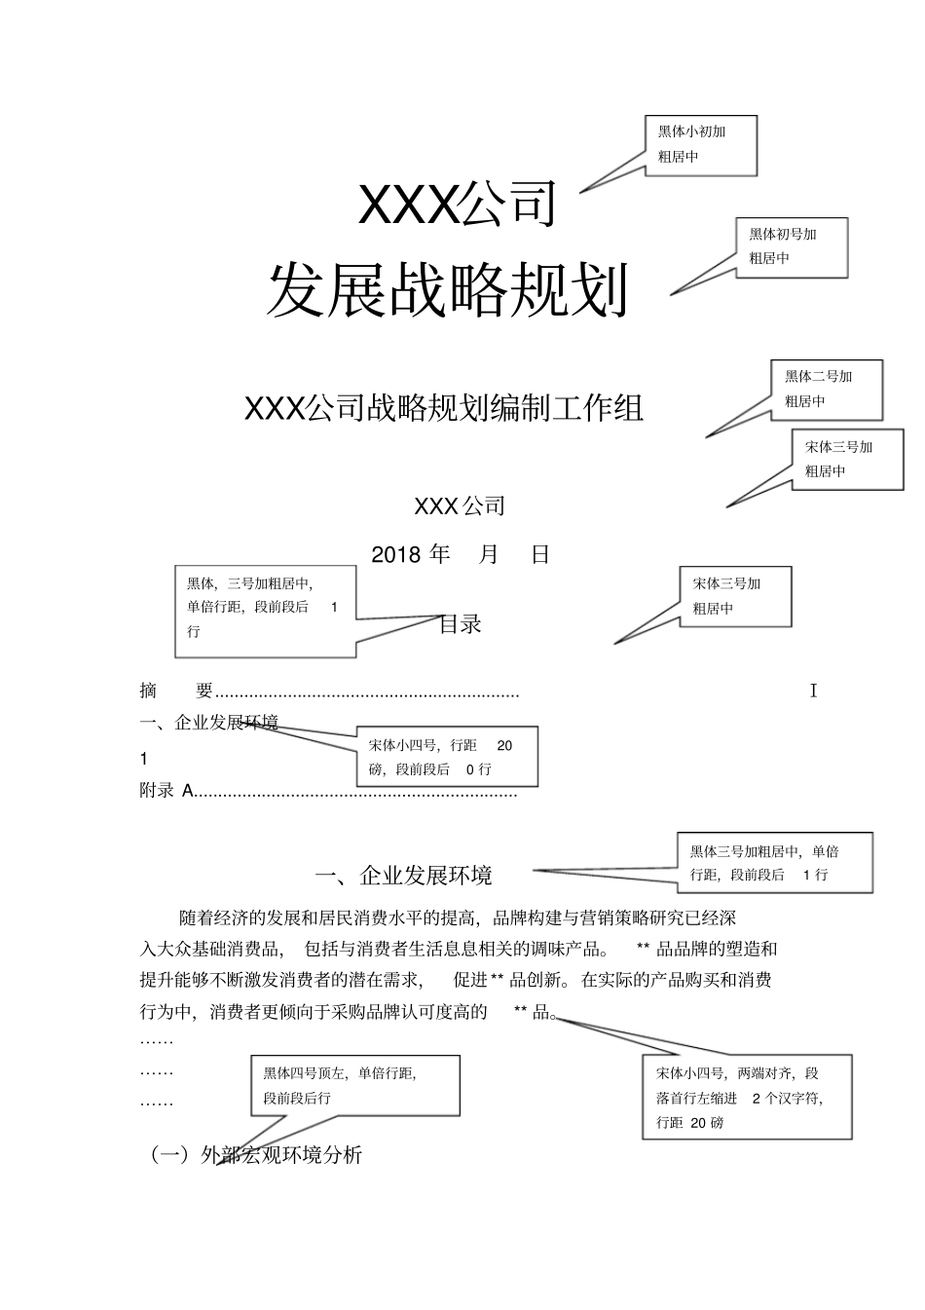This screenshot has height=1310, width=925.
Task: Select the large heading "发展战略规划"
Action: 447,290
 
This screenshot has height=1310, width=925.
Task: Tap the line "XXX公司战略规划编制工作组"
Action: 444,408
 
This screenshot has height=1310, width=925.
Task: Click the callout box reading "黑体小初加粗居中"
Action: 700,145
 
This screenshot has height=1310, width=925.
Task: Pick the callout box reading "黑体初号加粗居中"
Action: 791,246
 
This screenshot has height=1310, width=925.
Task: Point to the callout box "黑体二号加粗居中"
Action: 827,389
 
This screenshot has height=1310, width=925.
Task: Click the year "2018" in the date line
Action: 395,555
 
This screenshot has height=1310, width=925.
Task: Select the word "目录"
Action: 461,624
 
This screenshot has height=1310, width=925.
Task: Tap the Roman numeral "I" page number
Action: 813,692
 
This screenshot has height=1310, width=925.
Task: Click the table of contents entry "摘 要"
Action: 176,692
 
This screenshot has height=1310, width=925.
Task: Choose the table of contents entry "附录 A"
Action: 166,791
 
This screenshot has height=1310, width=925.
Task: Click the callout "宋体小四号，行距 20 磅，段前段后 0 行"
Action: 446,757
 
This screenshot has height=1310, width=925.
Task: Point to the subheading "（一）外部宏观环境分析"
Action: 256,1155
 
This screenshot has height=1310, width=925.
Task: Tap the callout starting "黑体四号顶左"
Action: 354,1085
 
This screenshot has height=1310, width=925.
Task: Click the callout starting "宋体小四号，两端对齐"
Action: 747,1097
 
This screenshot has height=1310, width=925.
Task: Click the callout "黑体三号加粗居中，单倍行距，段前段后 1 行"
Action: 774,862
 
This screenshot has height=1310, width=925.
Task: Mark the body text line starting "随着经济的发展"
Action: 458,917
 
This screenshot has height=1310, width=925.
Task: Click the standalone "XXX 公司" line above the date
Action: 460,506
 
